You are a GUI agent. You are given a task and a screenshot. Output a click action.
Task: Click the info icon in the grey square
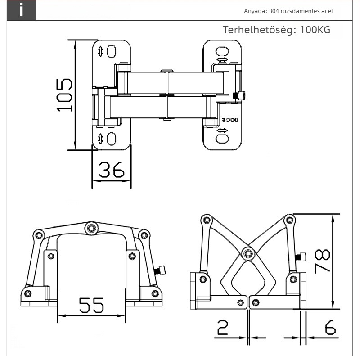click(21, 10)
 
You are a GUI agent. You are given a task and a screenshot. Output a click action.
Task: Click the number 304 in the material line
click(274, 11)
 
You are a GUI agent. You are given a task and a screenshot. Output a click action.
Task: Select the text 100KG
click(315, 30)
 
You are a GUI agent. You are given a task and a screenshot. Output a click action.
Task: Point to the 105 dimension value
click(64, 95)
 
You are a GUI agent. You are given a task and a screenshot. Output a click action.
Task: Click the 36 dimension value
click(111, 170)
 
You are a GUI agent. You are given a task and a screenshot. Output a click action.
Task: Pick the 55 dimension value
click(91, 305)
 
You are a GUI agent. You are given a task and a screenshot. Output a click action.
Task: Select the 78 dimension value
click(322, 261)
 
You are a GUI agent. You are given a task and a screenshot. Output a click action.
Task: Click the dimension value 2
click(223, 328)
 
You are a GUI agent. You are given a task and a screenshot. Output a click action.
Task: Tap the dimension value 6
click(330, 327)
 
